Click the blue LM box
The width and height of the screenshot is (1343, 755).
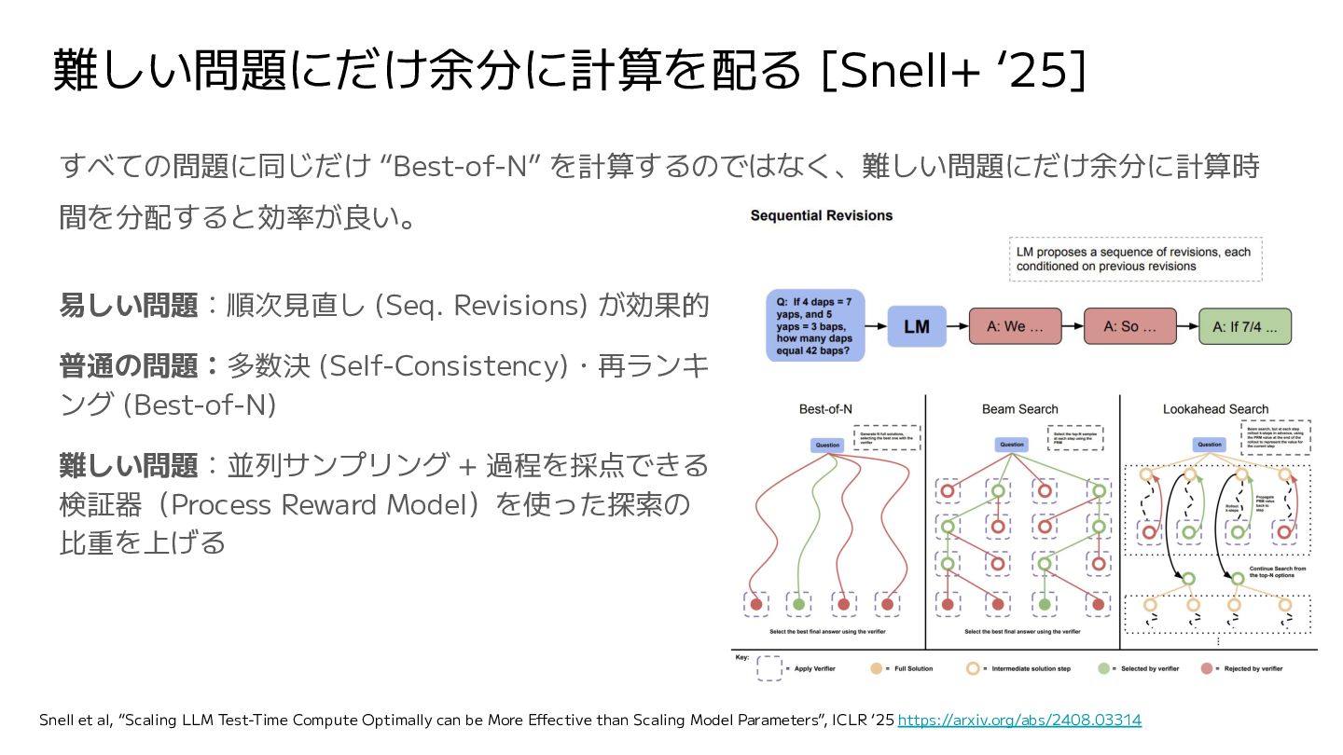point(918,327)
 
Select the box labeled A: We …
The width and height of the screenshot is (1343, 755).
point(1015,327)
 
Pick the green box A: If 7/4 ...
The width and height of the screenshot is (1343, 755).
point(1244,327)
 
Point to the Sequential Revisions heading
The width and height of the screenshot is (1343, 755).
point(821,215)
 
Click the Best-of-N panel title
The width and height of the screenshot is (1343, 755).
point(825,409)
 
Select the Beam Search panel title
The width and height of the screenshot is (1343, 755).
point(1019,409)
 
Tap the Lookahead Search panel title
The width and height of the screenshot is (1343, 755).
point(1215,409)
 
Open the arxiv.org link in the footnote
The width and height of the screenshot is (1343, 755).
point(1018,720)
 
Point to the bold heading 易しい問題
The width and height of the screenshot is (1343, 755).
point(129,306)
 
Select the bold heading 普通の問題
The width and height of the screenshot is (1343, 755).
point(129,366)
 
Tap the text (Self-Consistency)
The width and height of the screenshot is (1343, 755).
point(443,366)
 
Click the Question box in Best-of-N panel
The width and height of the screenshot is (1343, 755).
point(826,446)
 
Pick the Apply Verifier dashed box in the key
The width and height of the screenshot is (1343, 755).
point(770,668)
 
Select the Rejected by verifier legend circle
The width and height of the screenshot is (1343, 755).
point(1207,668)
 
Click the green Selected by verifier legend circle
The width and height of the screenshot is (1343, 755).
point(1103,668)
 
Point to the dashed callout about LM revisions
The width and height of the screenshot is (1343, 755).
point(1135,259)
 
